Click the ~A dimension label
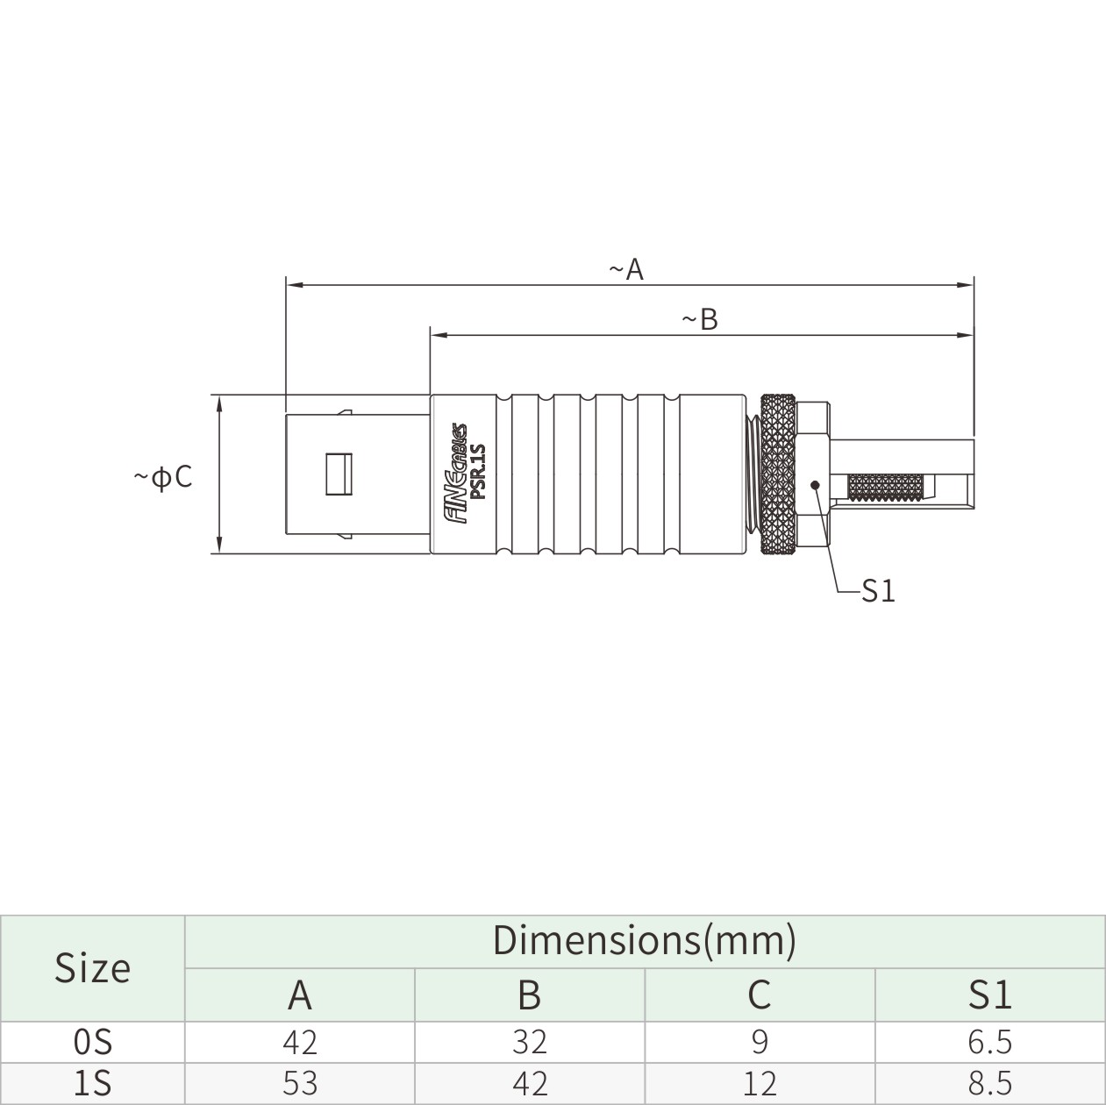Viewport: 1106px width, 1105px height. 626,269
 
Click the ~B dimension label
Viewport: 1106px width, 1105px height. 700,319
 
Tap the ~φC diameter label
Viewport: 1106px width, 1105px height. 163,476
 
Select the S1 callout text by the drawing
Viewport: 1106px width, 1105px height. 878,591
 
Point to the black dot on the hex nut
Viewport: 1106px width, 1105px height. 815,485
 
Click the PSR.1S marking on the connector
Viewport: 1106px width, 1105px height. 477,471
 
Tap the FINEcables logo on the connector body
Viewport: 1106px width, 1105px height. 457,474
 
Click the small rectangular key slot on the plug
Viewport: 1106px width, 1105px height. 339,474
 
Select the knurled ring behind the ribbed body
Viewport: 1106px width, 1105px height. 778,474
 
